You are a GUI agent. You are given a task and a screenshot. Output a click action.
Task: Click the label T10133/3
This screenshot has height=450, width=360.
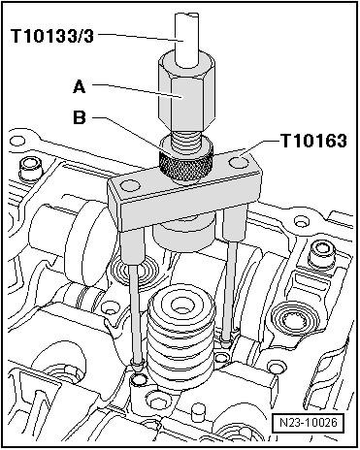[x=51, y=36]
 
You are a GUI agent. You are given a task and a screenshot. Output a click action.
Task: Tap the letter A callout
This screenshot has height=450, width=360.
[x=80, y=86]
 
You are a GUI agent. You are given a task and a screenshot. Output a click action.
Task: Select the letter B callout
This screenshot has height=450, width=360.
[x=80, y=117]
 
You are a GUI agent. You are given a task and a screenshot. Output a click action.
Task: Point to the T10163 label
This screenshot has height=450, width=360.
[x=314, y=141]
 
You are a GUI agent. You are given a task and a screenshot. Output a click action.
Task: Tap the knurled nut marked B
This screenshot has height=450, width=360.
[x=185, y=161]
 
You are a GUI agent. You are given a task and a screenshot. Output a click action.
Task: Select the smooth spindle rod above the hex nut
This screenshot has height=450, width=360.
[x=186, y=39]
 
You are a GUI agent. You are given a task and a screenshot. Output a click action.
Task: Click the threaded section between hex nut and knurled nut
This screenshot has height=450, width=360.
[x=185, y=142]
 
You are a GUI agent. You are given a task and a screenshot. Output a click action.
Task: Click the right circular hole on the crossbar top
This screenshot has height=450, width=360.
[x=240, y=160]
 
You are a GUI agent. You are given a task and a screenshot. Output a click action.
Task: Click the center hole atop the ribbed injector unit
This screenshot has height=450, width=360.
[x=181, y=305]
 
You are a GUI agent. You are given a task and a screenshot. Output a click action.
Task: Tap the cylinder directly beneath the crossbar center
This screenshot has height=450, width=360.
[x=183, y=234]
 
